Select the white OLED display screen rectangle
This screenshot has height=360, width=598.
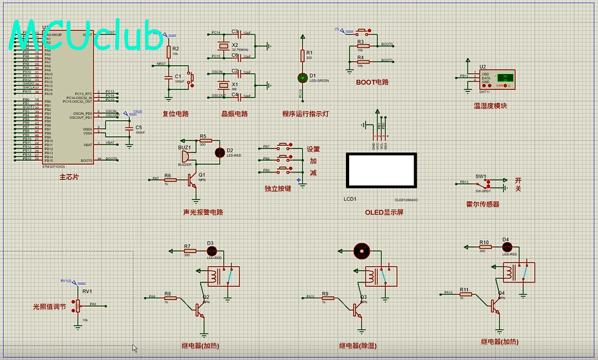point(380,170)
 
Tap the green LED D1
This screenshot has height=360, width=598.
point(302,78)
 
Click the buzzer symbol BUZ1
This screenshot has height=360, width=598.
point(185,156)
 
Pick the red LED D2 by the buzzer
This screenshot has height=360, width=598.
point(219,152)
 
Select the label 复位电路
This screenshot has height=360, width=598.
point(176,114)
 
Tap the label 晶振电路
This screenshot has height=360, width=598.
point(234,114)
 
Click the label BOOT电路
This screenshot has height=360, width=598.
point(372,82)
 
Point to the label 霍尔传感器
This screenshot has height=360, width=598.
point(482,204)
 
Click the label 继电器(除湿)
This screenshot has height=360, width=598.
point(358,345)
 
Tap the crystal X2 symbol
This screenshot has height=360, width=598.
point(223,45)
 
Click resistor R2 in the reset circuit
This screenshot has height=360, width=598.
point(168,51)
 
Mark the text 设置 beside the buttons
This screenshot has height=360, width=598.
point(313,149)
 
